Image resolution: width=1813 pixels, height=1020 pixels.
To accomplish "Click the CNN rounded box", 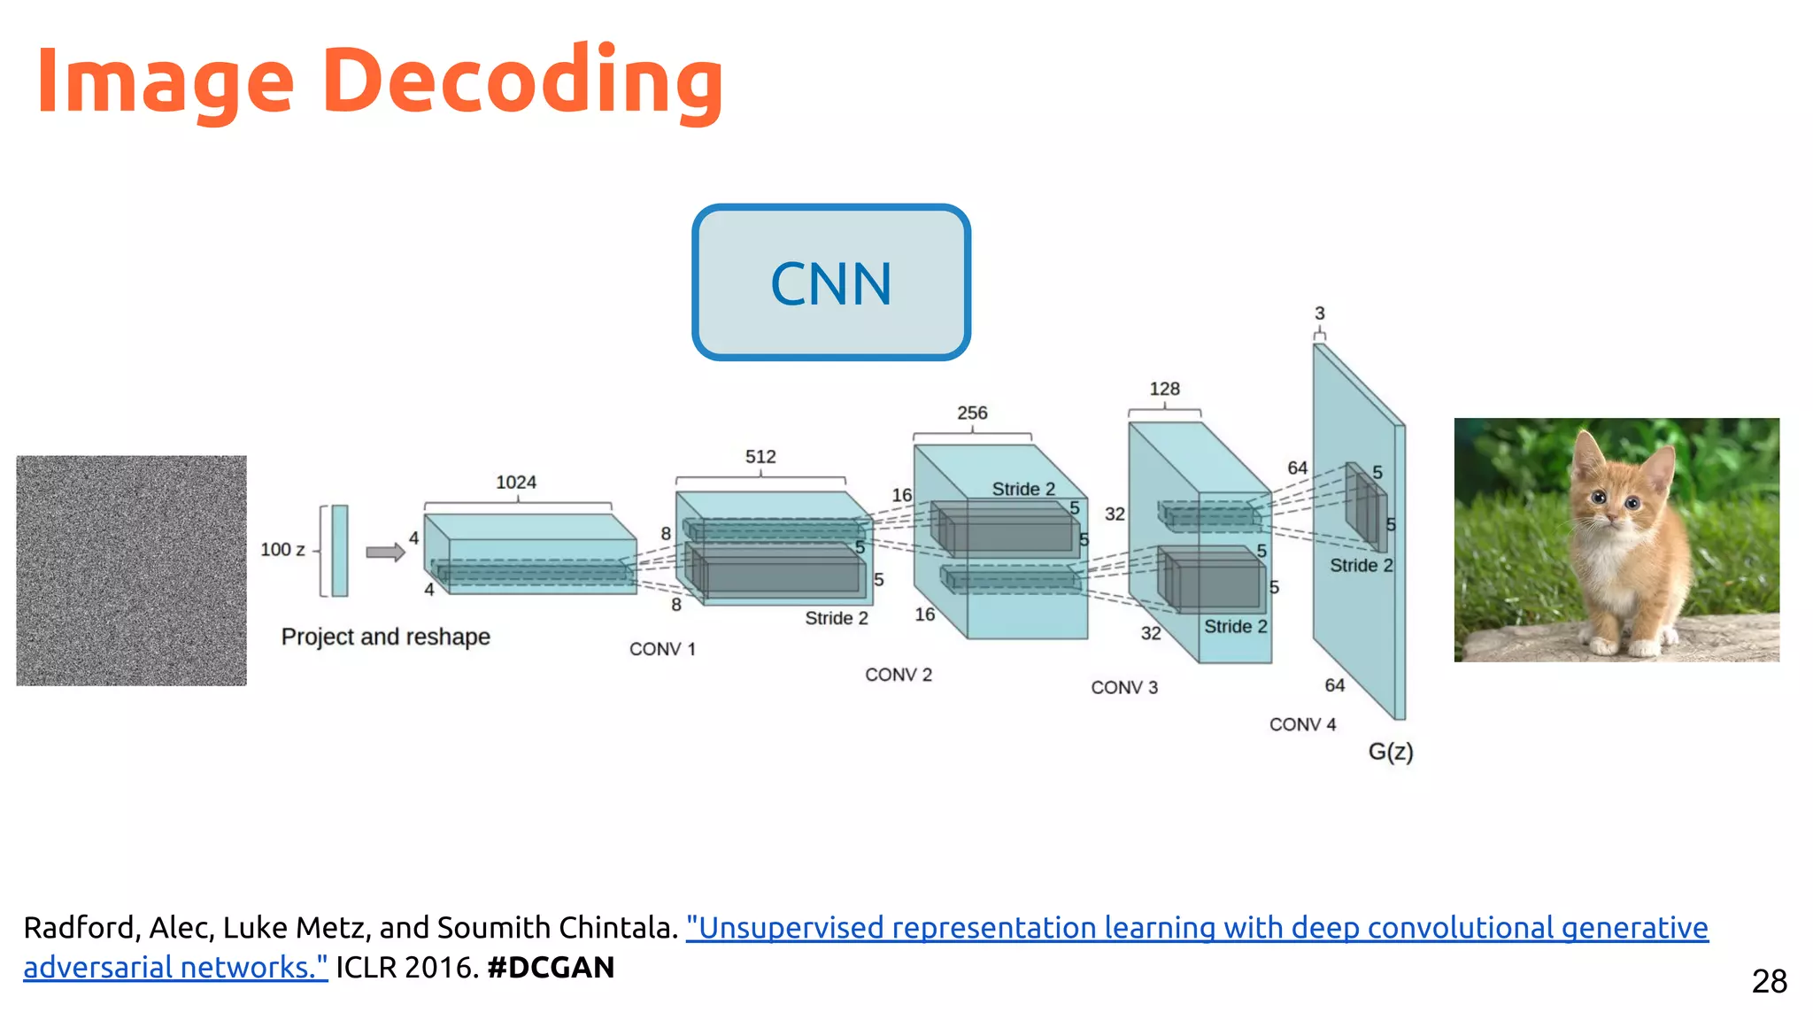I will [830, 282].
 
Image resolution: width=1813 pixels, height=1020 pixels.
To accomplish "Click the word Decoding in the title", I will [522, 81].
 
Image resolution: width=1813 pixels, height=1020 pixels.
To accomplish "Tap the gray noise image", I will [131, 570].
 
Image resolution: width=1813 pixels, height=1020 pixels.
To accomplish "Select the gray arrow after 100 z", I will [385, 552].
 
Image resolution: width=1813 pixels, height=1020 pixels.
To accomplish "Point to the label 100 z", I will [282, 550].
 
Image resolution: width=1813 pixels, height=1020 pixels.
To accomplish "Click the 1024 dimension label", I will [516, 483].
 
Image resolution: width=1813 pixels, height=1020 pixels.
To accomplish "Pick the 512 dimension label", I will [760, 457].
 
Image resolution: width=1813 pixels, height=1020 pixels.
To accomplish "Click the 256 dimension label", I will [972, 413].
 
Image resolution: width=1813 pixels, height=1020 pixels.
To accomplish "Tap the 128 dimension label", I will [1164, 389].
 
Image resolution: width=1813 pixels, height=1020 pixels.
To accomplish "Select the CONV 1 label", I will [662, 649].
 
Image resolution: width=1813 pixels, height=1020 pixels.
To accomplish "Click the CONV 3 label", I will [1123, 687].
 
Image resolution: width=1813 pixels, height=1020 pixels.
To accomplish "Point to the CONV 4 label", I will [1302, 724].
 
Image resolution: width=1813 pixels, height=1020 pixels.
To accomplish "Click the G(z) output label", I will [1390, 752].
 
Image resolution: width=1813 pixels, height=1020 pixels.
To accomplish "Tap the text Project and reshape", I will [385, 637].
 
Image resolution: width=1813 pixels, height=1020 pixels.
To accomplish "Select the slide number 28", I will [1769, 981].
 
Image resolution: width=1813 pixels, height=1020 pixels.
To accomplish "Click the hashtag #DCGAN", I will [550, 967].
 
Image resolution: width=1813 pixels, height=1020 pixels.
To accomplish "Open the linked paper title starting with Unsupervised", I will [1195, 928].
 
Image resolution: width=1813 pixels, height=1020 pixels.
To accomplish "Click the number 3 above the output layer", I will [1319, 313].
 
